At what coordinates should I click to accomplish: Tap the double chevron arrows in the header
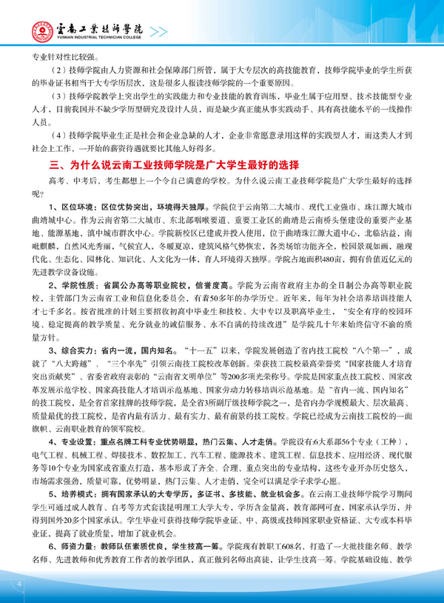(x=159, y=30)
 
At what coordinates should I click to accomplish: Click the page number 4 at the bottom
(x=16, y=585)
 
